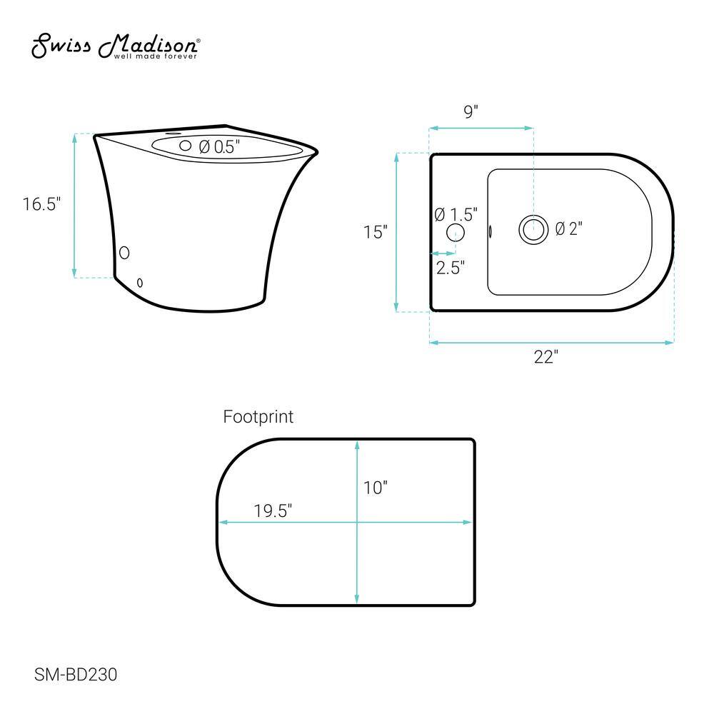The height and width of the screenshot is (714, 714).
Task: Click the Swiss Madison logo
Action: pyautogui.click(x=116, y=46)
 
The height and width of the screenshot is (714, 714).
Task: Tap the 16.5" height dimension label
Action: pyautogui.click(x=41, y=204)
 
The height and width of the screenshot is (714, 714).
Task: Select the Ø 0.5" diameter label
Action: pyautogui.click(x=219, y=146)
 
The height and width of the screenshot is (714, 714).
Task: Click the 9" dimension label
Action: pyautogui.click(x=471, y=111)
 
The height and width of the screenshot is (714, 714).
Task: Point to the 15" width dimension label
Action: pyautogui.click(x=376, y=232)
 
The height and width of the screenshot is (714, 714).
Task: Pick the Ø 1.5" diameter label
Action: pyautogui.click(x=456, y=214)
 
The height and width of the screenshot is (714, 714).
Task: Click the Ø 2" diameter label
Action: pyautogui.click(x=569, y=228)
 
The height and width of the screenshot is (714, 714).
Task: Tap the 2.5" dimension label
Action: pyautogui.click(x=451, y=268)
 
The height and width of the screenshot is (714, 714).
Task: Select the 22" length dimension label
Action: pyautogui.click(x=546, y=357)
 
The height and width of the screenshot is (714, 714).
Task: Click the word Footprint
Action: pyautogui.click(x=258, y=417)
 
